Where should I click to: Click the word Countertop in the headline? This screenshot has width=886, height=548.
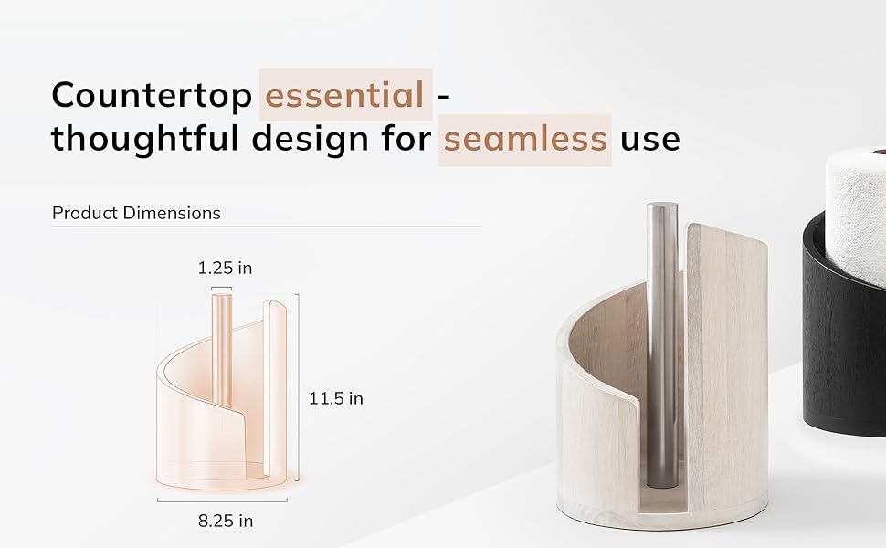coord(152,96)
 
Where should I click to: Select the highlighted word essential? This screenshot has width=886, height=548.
coord(344,94)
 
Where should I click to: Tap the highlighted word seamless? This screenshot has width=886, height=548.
coord(525,139)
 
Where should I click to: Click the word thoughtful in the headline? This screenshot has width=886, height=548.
coord(145,139)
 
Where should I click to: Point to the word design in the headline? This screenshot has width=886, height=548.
coord(311,139)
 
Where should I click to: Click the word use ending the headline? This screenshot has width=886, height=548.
coord(649,140)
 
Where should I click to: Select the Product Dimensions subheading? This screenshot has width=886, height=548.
coord(136,213)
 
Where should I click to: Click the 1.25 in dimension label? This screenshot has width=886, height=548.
coord(225,268)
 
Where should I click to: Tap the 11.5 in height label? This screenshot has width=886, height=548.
coord(335,399)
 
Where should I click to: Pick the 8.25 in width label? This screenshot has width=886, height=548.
coord(226,521)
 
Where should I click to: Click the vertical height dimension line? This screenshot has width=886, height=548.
coord(298,387)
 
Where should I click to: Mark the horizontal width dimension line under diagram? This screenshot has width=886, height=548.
coord(222,501)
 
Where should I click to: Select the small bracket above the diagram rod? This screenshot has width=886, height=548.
coord(221,289)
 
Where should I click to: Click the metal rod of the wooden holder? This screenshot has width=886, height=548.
coord(662,344)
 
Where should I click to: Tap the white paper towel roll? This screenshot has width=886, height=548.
coord(856,215)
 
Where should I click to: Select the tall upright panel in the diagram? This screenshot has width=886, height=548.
coord(275,387)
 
